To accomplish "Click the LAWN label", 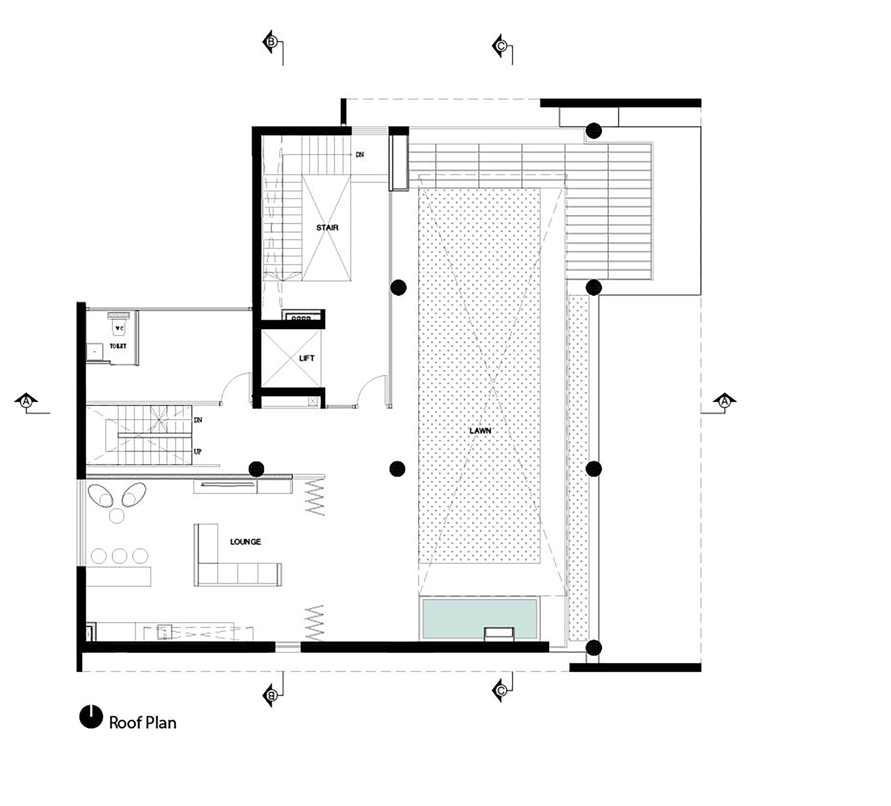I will coord(480,431).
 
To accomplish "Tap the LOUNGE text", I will coord(245,542).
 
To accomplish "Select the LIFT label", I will coord(307,358).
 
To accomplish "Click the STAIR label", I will coord(327,228).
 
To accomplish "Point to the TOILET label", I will coord(118,346).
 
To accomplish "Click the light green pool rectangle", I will coord(479,618).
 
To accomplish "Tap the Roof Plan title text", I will coord(143,723).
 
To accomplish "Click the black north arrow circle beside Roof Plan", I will coord(91,717).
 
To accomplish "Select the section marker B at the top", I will coord(270,42).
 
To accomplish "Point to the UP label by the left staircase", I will coord(198,451).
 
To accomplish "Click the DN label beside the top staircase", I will coord(360,155).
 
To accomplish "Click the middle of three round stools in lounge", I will coord(119,556).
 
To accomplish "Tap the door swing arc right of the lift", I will coord(372,390).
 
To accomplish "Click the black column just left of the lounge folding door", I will coord(256,469).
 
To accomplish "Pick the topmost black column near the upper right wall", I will coord(593,131).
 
